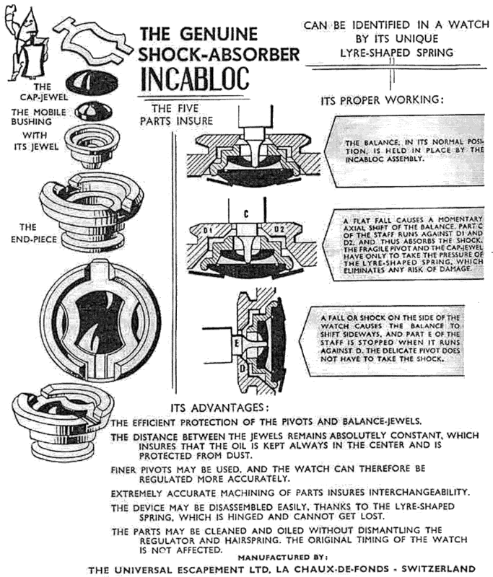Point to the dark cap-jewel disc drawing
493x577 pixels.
click(x=90, y=82)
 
